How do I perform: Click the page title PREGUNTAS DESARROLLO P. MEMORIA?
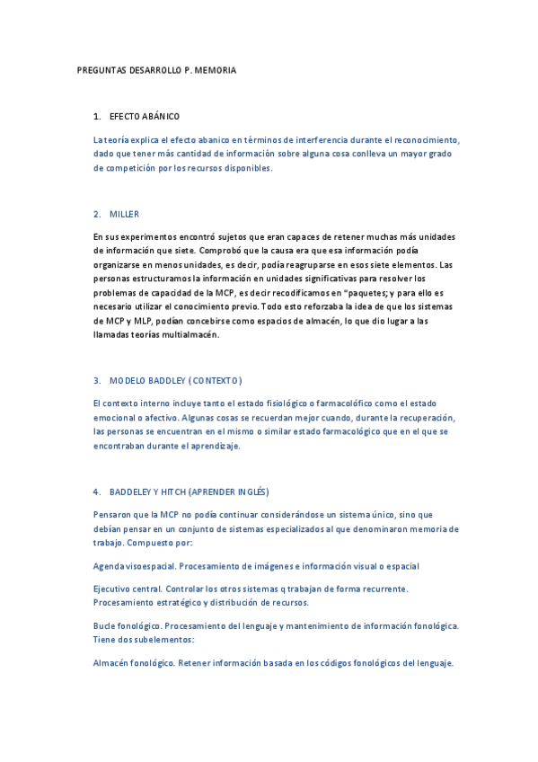(x=156, y=70)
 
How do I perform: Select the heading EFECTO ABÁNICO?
(x=145, y=117)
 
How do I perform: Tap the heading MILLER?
(x=124, y=214)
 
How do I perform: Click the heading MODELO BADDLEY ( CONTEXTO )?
(x=175, y=380)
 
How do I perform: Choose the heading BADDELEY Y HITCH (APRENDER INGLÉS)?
(x=189, y=492)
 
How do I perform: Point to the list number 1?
(x=96, y=117)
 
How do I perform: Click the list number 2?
(x=96, y=214)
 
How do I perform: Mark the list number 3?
(x=96, y=380)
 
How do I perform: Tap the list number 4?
(x=96, y=492)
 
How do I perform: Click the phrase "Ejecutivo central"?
(x=124, y=589)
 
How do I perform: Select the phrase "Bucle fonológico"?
(x=123, y=625)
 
